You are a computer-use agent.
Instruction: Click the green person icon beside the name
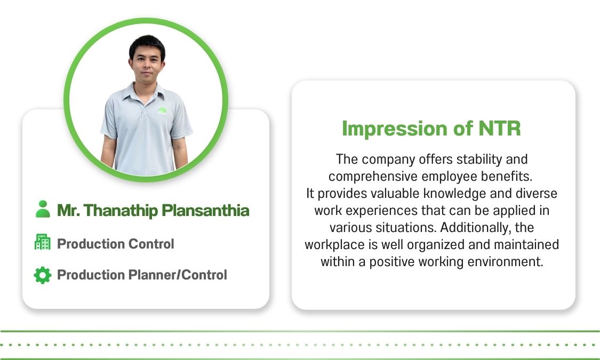coord(43,209)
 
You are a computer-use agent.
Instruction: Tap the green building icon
coord(43,242)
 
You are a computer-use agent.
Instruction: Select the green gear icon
coord(43,275)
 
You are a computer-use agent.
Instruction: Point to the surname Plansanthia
coord(205,211)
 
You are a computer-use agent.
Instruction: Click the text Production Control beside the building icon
coord(116,244)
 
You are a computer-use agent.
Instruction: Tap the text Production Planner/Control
coord(142,275)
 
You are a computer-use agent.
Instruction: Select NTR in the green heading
coord(499,129)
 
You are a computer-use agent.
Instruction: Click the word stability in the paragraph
coord(479,159)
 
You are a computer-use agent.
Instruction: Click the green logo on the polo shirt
coord(162,110)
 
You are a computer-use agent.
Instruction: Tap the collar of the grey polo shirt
coord(142,94)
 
